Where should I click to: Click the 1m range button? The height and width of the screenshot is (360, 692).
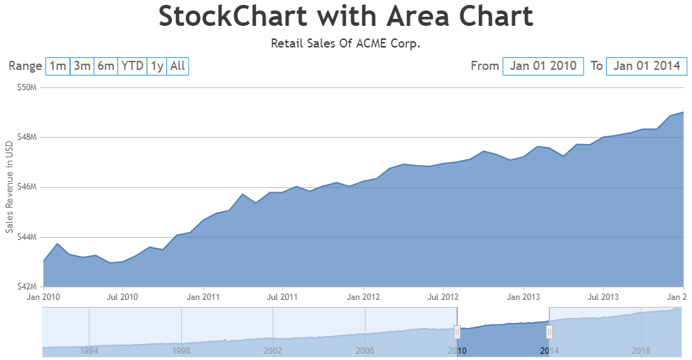58,66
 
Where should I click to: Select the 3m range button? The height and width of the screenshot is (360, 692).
82,66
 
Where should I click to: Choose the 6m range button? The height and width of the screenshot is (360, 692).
106,66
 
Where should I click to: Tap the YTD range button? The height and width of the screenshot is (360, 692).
132,66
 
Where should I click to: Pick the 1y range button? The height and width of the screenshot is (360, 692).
157,66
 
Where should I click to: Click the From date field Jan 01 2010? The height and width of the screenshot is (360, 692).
543,66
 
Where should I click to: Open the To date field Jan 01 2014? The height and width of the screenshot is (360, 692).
647,66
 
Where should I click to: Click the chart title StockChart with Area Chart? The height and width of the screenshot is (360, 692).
345,16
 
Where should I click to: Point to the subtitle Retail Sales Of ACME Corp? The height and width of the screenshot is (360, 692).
345,43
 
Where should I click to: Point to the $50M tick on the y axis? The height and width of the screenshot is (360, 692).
27,87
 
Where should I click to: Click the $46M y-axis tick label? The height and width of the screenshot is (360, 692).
27,187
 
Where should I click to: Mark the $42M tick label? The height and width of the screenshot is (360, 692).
27,287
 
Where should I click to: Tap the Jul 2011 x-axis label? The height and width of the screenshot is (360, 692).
282,297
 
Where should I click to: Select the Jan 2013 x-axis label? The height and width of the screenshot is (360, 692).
524,297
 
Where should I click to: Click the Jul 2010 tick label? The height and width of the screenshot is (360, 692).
122,297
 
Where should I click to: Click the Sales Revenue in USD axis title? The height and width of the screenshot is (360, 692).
9,187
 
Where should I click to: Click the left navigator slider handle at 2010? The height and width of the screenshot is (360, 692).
457,331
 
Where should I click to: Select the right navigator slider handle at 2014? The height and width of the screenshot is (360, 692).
549,331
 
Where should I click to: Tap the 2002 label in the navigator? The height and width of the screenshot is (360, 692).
273,350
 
